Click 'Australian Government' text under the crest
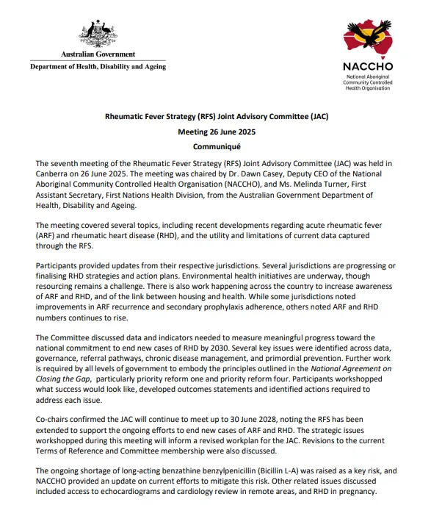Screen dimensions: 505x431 click(x=98, y=54)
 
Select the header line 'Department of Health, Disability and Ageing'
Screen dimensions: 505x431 click(x=98, y=67)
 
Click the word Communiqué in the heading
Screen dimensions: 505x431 click(x=216, y=146)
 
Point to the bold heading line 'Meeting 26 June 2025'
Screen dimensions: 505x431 click(x=216, y=131)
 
